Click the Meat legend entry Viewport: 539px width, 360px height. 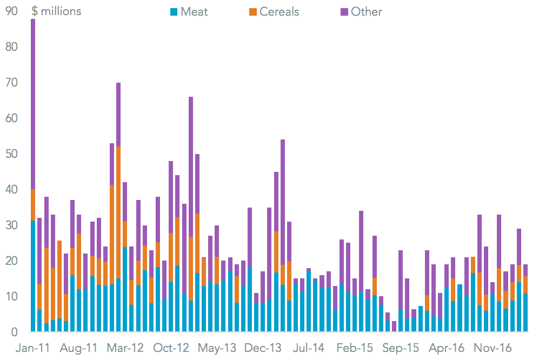pyautogui.click(x=189, y=12)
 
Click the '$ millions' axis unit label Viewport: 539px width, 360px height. pyautogui.click(x=57, y=11)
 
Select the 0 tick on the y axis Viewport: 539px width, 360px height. pyautogui.click(x=15, y=332)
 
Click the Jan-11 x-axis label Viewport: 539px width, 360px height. pyautogui.click(x=33, y=348)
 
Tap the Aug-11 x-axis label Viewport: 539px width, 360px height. pyautogui.click(x=79, y=348)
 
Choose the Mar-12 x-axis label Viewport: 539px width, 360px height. pyautogui.click(x=125, y=348)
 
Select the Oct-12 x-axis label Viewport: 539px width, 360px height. pyautogui.click(x=171, y=348)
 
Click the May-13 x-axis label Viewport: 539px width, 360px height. pyautogui.click(x=217, y=348)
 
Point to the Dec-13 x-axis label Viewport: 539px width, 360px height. pyautogui.click(x=263, y=348)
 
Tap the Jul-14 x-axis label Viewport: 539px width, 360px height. pyautogui.click(x=309, y=348)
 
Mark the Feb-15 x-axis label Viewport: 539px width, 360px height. pyautogui.click(x=355, y=348)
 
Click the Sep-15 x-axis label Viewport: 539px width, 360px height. pyautogui.click(x=401, y=348)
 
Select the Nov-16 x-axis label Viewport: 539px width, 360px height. pyautogui.click(x=493, y=348)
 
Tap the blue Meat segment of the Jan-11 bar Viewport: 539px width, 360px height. pyautogui.click(x=33, y=276)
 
